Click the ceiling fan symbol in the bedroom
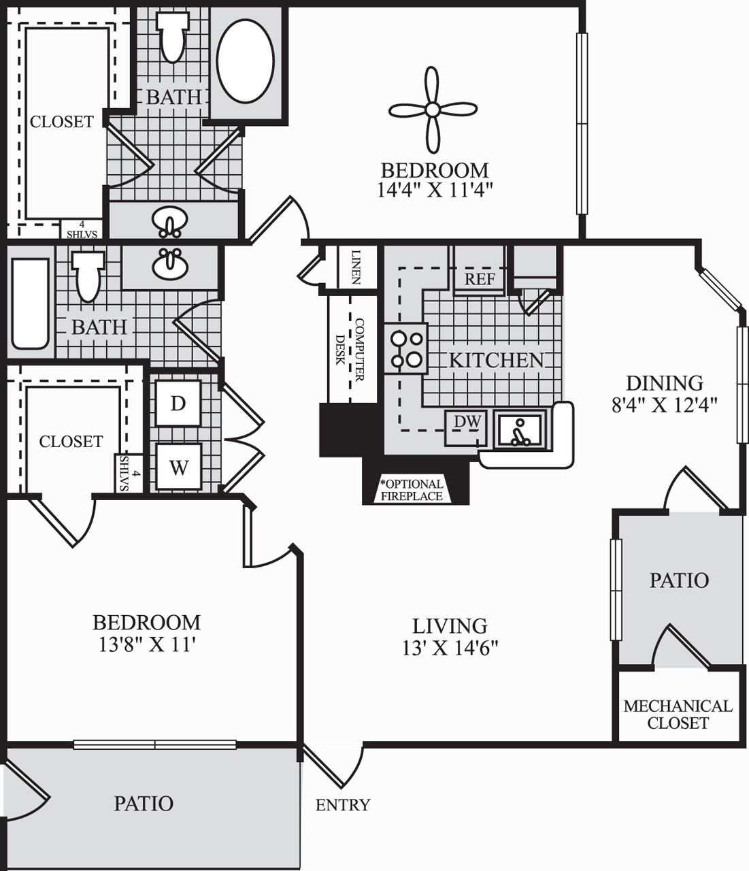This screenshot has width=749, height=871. pyautogui.click(x=432, y=110)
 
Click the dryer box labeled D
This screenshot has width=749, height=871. pyautogui.click(x=178, y=403)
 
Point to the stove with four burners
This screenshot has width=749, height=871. pyautogui.click(x=405, y=348)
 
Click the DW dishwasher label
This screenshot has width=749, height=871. pyautogui.click(x=467, y=422)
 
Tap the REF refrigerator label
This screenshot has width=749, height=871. pyautogui.click(x=480, y=279)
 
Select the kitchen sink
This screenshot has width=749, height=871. pyautogui.click(x=521, y=430)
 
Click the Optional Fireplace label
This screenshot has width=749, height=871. pyautogui.click(x=412, y=490)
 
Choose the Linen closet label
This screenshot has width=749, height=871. pyautogui.click(x=356, y=267)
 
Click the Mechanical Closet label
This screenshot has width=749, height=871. pyautogui.click(x=678, y=714)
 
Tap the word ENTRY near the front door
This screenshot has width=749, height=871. pyautogui.click(x=343, y=805)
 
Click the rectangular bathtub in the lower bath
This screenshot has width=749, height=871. pyautogui.click(x=31, y=303)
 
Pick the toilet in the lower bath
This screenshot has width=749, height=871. pyautogui.click(x=89, y=276)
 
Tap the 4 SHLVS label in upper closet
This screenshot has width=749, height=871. pyautogui.click(x=82, y=229)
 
